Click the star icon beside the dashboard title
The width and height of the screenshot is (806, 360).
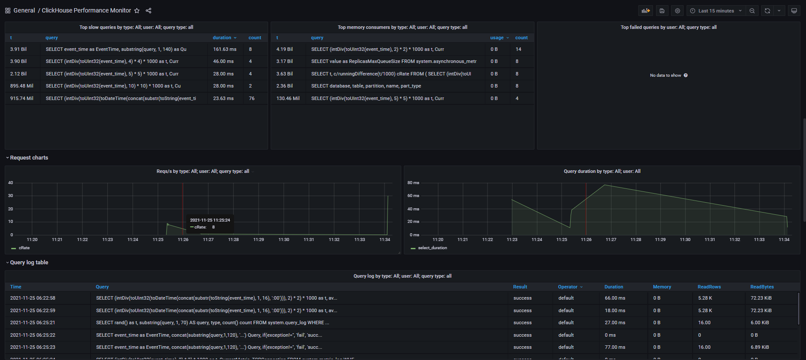[x=137, y=11]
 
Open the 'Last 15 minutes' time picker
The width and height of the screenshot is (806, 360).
[x=716, y=11]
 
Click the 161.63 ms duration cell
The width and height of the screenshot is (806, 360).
[x=225, y=49]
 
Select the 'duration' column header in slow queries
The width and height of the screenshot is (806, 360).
[x=222, y=38]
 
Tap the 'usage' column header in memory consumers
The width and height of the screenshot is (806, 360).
[x=497, y=38]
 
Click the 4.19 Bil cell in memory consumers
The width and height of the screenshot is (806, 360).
[x=284, y=49]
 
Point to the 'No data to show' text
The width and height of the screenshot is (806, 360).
[x=665, y=75]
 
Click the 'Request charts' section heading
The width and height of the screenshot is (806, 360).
[x=29, y=158]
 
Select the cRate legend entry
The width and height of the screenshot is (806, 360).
[x=24, y=248]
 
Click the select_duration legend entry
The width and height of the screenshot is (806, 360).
[x=432, y=248]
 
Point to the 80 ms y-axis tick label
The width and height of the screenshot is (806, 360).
[x=413, y=183]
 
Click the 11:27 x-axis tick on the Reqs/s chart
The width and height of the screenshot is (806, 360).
[x=208, y=240]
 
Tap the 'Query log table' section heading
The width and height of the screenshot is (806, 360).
[x=29, y=263]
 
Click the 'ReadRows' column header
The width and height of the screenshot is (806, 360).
[x=709, y=287]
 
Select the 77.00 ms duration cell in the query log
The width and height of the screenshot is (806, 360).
[x=615, y=347]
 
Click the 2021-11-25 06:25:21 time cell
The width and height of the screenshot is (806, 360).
[x=33, y=322]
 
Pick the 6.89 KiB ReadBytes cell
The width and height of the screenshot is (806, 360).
[x=759, y=347]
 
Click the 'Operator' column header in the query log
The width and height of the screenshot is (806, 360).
[x=568, y=287]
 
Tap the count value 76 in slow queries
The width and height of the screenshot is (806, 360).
[x=252, y=98]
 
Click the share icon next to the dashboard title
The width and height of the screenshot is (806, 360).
[x=149, y=11]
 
